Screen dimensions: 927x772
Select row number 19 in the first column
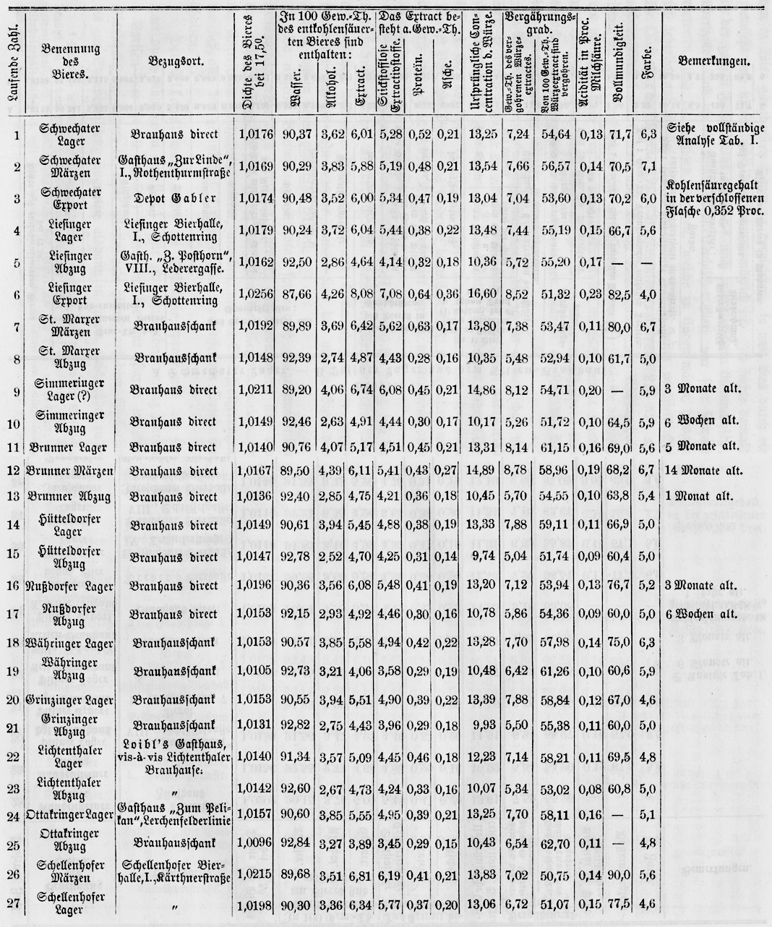tap(16, 670)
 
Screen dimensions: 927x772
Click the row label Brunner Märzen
tap(59, 471)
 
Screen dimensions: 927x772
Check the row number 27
tap(16, 905)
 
